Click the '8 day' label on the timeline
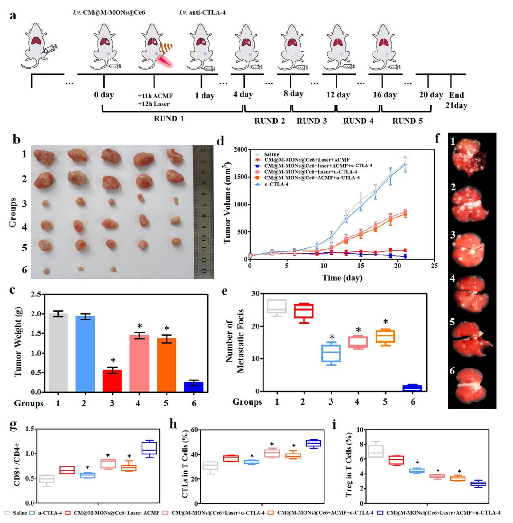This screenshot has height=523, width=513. coord(293,94)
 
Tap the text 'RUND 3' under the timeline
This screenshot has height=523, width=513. coord(312,121)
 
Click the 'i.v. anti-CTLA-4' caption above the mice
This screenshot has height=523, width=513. coord(202,12)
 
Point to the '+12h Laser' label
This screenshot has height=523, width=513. coord(154,104)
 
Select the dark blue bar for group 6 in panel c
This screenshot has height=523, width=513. coord(194,387)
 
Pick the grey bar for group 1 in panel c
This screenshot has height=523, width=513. coord(58,353)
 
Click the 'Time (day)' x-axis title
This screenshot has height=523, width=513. coord(342,278)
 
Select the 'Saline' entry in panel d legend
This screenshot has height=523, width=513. coord(272,154)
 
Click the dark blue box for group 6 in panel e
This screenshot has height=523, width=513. coord(412,388)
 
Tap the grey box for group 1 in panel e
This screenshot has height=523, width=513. coord(277,306)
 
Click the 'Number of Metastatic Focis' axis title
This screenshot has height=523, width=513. coord(235,341)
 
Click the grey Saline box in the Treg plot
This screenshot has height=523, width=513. coord(375,450)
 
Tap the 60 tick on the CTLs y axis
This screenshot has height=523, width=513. coord(194,430)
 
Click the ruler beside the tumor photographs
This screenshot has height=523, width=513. coord(203,212)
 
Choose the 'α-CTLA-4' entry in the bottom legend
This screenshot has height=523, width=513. coord(50,513)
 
